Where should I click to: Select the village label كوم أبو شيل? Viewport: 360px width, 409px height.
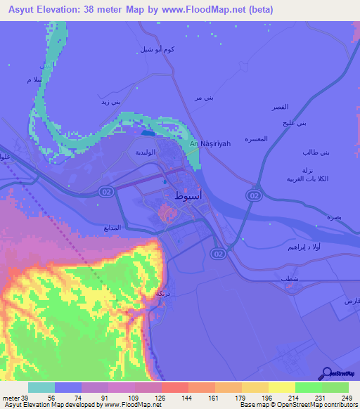155,50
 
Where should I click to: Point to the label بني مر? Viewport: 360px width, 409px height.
203,98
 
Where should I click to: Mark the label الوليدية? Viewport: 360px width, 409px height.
148,151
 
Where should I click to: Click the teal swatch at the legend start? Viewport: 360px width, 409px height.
41,387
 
